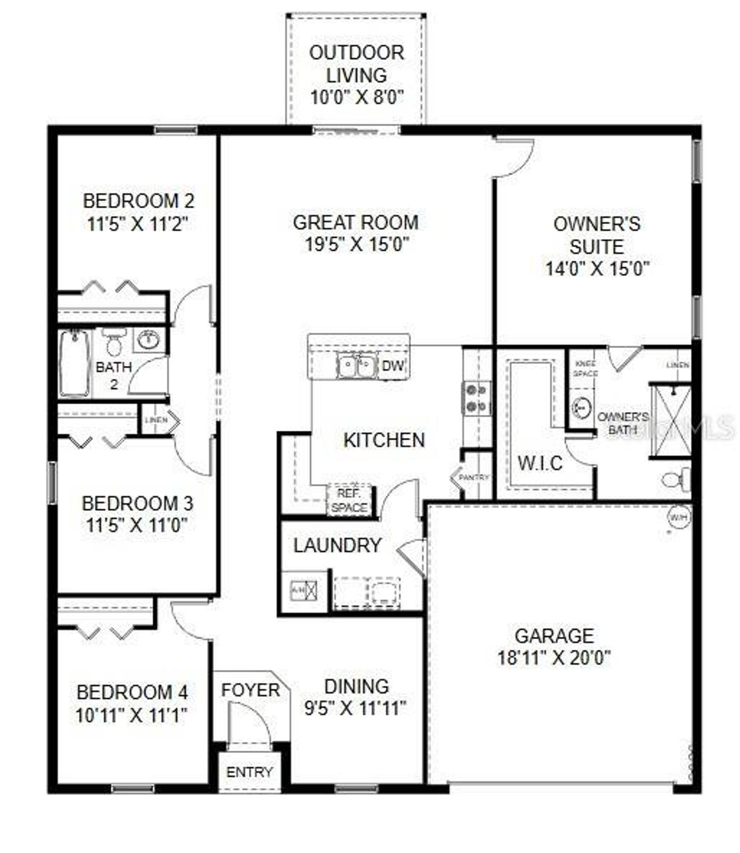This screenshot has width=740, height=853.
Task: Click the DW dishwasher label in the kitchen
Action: (x=393, y=366)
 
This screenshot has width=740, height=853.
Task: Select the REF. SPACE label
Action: (x=349, y=501)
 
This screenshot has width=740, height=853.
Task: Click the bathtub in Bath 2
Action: (x=75, y=363)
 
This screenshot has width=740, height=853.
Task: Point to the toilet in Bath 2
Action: (x=114, y=342)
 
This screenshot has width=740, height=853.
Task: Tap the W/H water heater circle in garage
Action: (x=678, y=517)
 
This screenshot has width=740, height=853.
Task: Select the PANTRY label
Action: (x=474, y=477)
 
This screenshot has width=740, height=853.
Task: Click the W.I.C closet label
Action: (x=540, y=463)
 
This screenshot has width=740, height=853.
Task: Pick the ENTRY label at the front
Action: (x=249, y=772)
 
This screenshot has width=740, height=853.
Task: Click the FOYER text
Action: (x=250, y=690)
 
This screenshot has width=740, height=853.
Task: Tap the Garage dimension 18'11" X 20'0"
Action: (x=554, y=658)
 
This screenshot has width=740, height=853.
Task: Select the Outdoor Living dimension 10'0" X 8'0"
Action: (x=356, y=97)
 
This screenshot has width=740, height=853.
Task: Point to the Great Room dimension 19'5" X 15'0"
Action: (x=356, y=244)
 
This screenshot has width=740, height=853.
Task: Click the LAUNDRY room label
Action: (x=337, y=545)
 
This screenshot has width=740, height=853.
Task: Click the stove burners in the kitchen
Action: (x=476, y=398)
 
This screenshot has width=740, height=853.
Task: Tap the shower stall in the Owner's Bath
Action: (x=671, y=421)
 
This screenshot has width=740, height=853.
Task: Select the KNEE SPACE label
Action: (x=585, y=369)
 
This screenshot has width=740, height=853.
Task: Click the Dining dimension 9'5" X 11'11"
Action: (x=356, y=708)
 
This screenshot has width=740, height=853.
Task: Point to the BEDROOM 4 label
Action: (x=132, y=692)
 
